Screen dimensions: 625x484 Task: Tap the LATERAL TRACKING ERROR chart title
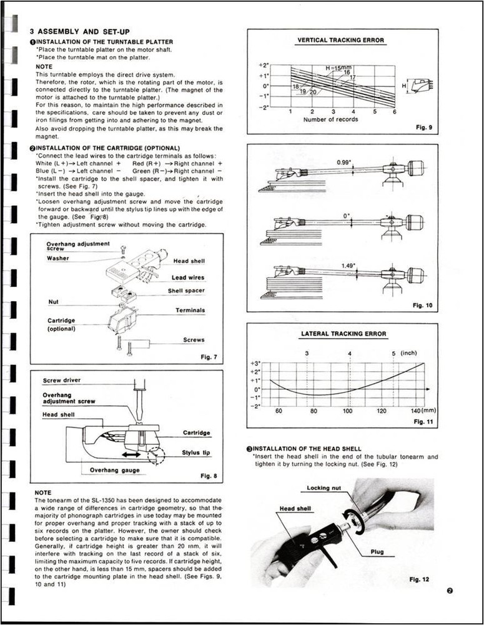tap(343, 334)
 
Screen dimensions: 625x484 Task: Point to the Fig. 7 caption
tap(208, 357)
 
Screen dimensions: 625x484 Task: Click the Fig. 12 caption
tap(419, 579)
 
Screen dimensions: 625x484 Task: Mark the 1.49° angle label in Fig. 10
tap(348, 266)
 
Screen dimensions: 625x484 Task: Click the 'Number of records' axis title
tap(330, 119)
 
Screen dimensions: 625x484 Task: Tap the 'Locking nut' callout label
tap(323, 487)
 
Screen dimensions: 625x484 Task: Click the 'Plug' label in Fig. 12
tap(377, 552)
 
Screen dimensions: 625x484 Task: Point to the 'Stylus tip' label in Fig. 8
tap(196, 452)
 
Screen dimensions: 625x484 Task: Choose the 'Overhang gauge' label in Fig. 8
tap(115, 469)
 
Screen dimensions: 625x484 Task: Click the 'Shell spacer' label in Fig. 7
tap(185, 291)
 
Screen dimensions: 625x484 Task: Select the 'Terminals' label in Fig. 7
tap(190, 310)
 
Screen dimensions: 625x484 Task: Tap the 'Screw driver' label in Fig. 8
tap(61, 380)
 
